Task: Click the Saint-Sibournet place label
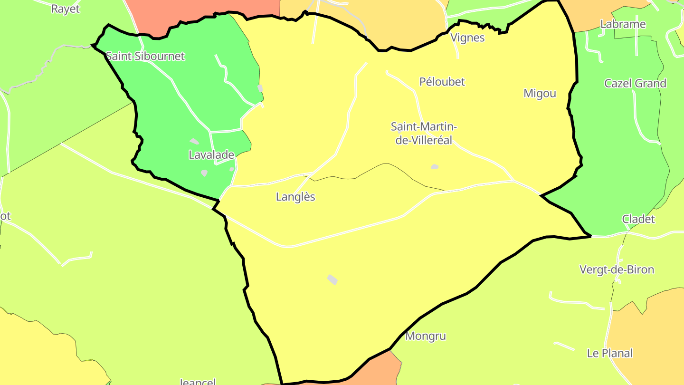point(145,56)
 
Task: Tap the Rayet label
point(66,9)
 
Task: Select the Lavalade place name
point(211,154)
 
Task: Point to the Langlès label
point(295,197)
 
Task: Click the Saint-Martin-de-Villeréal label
point(424,133)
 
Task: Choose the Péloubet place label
point(442,82)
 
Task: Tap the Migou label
point(540,93)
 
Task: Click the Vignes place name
point(467,38)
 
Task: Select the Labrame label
point(623,24)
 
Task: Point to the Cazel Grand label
point(635,83)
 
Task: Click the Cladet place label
point(638,219)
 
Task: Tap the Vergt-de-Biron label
point(617,269)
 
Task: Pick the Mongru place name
point(426,336)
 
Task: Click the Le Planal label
point(610,353)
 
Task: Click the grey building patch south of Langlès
point(332,279)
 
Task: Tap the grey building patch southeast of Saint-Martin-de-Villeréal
point(435,167)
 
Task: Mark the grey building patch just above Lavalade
point(194,141)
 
